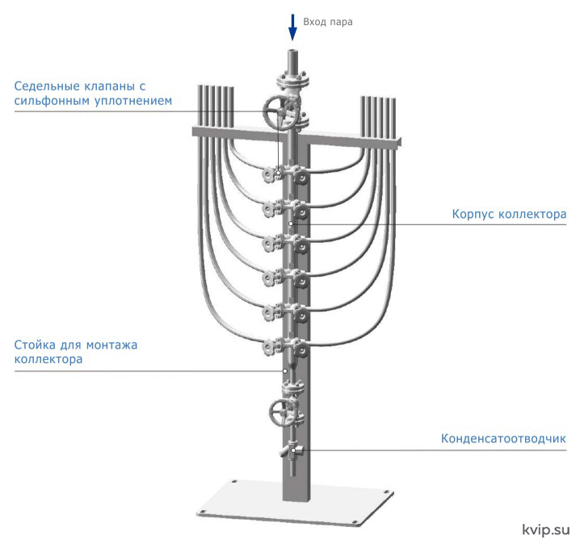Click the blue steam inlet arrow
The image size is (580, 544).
[x=292, y=27]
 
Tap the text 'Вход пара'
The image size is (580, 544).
[x=328, y=22]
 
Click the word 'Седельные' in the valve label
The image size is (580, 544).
[x=48, y=86]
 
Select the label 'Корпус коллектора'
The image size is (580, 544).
[x=509, y=214]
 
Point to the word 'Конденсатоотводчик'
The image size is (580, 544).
[x=503, y=438]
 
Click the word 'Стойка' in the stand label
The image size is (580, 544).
[x=35, y=345]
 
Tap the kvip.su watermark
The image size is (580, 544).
[x=546, y=529]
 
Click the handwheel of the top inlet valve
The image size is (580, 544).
[x=279, y=112]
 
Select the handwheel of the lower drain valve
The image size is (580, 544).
[x=281, y=412]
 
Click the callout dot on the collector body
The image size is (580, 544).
[x=291, y=224]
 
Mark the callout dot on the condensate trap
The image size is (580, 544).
[x=293, y=450]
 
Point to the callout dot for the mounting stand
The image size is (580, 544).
[x=285, y=370]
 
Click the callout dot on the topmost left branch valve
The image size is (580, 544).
[x=278, y=173]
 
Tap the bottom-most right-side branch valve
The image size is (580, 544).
[x=301, y=348]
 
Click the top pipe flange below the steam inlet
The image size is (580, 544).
[x=294, y=80]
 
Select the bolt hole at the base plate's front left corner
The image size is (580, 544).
[x=202, y=513]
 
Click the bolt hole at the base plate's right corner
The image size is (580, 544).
[x=386, y=492]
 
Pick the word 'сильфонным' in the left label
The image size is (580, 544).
[x=53, y=101]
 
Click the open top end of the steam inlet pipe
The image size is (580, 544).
[x=293, y=51]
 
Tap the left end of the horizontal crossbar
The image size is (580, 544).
[x=194, y=132]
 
